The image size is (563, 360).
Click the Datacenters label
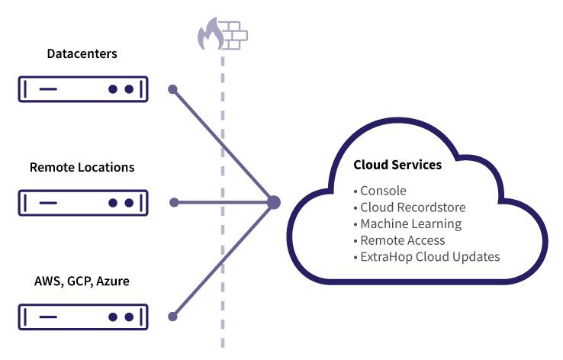pyautogui.click(x=82, y=54)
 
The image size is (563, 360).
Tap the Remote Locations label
pyautogui.click(x=82, y=167)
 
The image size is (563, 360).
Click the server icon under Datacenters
pyautogui.click(x=82, y=89)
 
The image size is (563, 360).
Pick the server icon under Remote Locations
pyautogui.click(x=82, y=203)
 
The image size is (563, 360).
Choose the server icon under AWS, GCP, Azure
pyautogui.click(x=82, y=316)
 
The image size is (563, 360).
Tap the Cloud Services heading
pyautogui.click(x=397, y=165)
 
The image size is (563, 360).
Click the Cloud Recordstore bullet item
pyautogui.click(x=413, y=207)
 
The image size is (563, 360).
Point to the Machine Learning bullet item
pyautogui.click(x=410, y=223)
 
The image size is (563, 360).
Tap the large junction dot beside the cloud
pyautogui.click(x=274, y=202)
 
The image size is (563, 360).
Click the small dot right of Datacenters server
pyautogui.click(x=173, y=89)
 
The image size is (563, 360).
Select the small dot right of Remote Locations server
pyautogui.click(x=174, y=202)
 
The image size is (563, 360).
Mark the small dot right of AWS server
pyautogui.click(x=173, y=316)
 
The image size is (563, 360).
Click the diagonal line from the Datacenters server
pyautogui.click(x=223, y=145)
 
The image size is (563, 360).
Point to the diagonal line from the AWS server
pyautogui.click(x=223, y=260)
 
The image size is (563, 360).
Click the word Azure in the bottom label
pyautogui.click(x=113, y=281)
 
